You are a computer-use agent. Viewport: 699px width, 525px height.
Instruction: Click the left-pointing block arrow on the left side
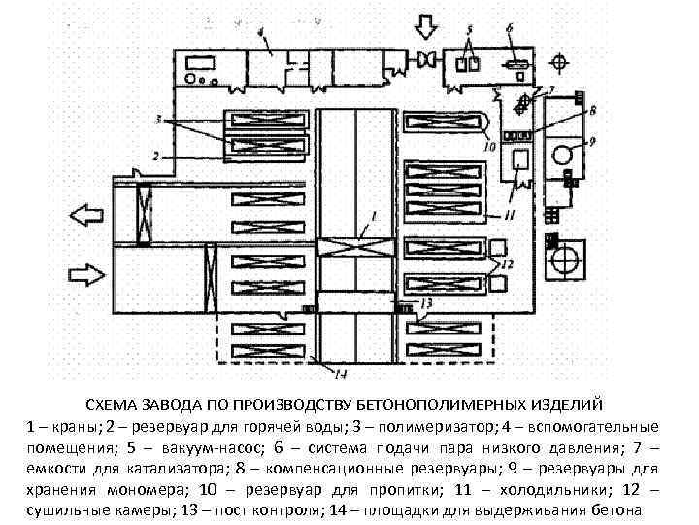click(84, 212)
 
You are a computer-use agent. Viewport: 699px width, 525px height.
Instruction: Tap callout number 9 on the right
click(592, 142)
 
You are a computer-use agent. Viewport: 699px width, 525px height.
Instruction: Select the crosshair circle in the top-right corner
click(558, 61)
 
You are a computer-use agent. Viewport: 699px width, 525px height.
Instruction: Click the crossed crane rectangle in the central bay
click(355, 246)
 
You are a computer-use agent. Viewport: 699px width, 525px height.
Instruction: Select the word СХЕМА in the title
click(114, 403)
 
